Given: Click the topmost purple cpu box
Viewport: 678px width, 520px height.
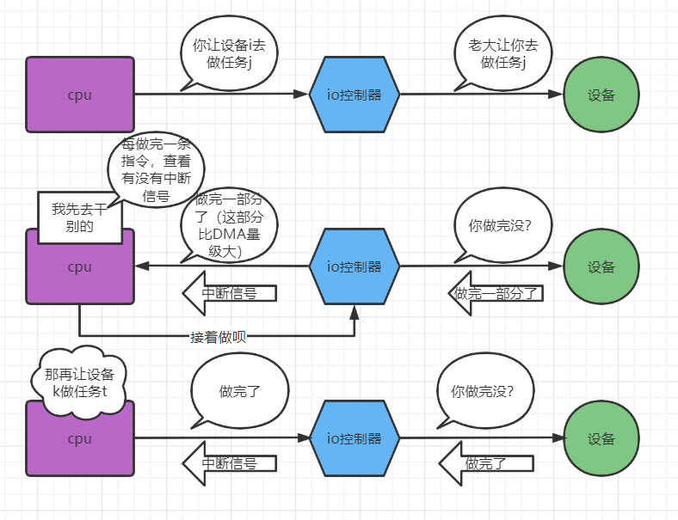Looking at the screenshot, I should pyautogui.click(x=80, y=95).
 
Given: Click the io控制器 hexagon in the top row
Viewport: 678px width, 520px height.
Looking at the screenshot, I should pyautogui.click(x=354, y=95).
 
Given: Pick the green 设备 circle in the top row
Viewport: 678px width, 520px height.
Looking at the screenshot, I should pyautogui.click(x=601, y=95).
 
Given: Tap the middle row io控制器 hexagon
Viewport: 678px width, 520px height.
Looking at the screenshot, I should pyautogui.click(x=354, y=266).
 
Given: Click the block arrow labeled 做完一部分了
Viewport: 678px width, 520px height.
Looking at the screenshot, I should pyautogui.click(x=496, y=293).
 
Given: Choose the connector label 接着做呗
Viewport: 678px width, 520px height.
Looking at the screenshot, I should pyautogui.click(x=218, y=337).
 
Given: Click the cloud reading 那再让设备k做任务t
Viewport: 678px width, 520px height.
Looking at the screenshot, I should pyautogui.click(x=79, y=382).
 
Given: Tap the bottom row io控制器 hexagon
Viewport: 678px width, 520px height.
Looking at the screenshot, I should pyautogui.click(x=354, y=438).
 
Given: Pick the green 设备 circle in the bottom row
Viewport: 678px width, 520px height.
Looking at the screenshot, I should pyautogui.click(x=601, y=438).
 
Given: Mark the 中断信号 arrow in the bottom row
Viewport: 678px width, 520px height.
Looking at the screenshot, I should pyautogui.click(x=229, y=463).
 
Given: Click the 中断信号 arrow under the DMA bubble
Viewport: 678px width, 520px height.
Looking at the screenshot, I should pyautogui.click(x=229, y=293).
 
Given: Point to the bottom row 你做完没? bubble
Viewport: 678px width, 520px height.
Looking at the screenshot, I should pyautogui.click(x=482, y=392).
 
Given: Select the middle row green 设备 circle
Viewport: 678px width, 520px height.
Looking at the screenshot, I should pyautogui.click(x=601, y=266).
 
